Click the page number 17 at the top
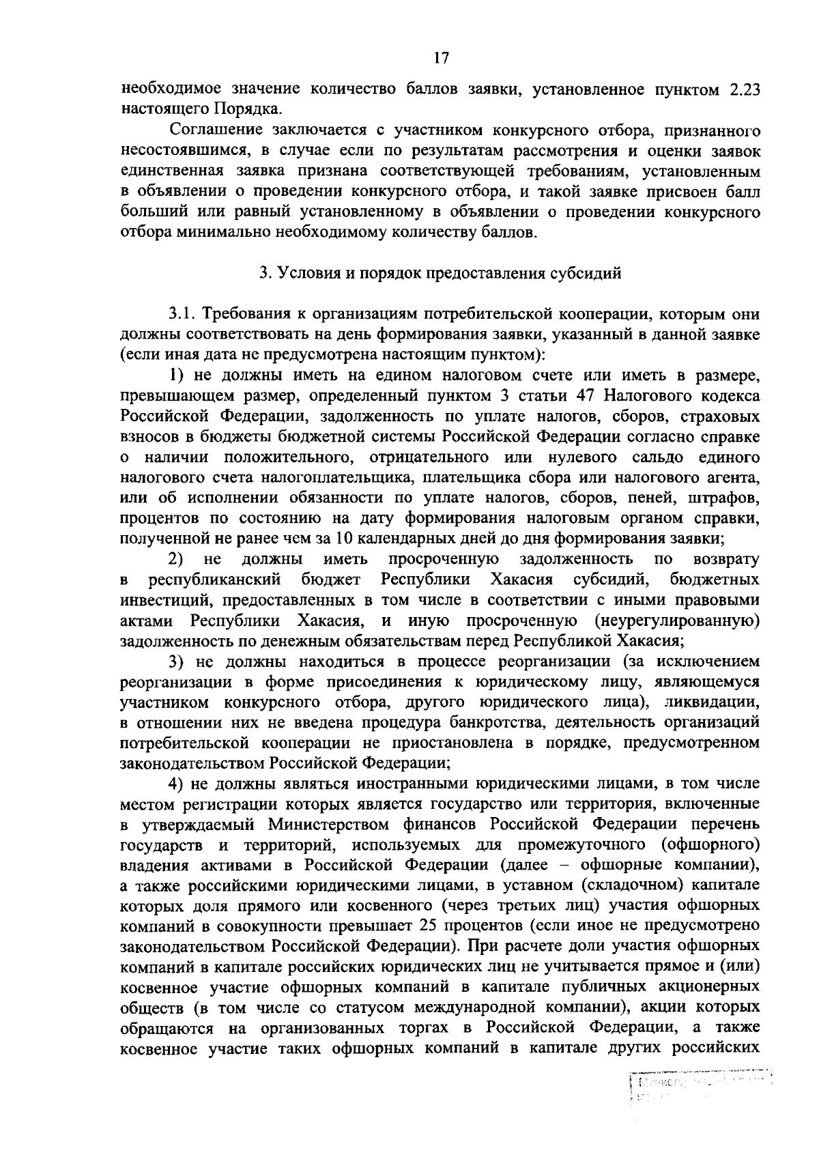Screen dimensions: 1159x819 tap(441, 59)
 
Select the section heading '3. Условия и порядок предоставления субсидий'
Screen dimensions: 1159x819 tap(440, 274)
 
